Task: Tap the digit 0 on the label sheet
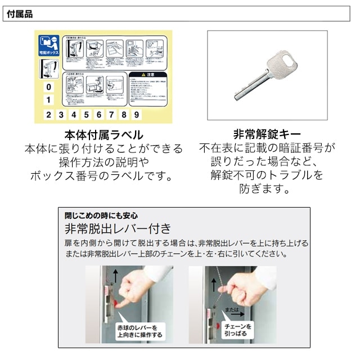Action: tap(49, 87)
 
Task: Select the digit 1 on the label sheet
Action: tap(49, 100)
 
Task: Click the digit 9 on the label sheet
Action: tap(137, 115)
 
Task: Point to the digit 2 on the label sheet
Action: tap(49, 115)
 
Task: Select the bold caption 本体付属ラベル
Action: tap(103, 135)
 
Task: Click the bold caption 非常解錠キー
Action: tap(267, 134)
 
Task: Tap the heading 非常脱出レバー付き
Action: tap(118, 229)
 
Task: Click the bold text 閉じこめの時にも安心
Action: tap(101, 215)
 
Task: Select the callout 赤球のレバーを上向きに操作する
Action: tap(140, 331)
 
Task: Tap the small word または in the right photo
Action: tap(232, 309)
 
